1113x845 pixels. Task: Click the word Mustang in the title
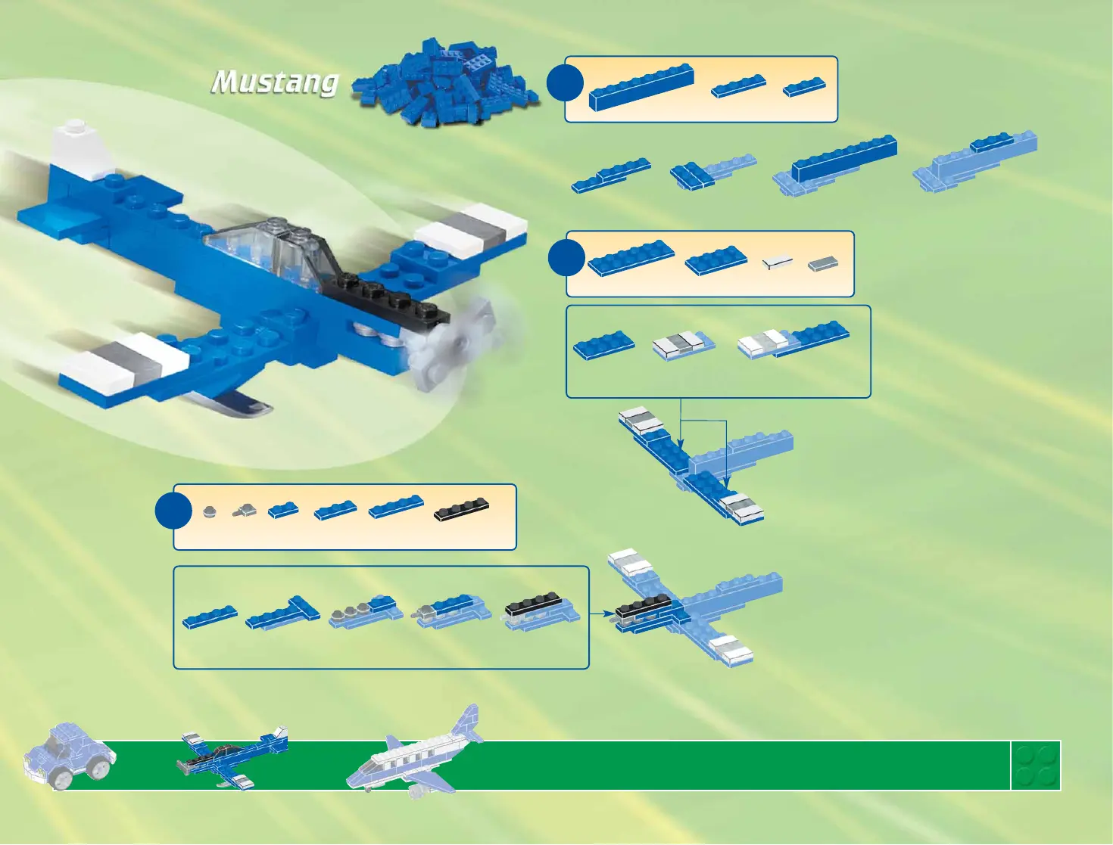pyautogui.click(x=274, y=82)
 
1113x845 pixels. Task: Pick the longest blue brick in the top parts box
pyautogui.click(x=641, y=87)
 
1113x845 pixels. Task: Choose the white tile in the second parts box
pyautogui.click(x=778, y=262)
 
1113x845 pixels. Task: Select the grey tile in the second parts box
pyautogui.click(x=823, y=263)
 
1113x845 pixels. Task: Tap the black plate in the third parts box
pyautogui.click(x=462, y=511)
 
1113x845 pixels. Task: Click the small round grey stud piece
pyautogui.click(x=210, y=511)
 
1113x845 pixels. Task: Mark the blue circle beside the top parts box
pyautogui.click(x=565, y=82)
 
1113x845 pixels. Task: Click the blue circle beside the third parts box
pyautogui.click(x=173, y=511)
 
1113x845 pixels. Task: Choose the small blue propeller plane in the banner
pyautogui.click(x=232, y=757)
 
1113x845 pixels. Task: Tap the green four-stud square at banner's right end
pyautogui.click(x=1036, y=766)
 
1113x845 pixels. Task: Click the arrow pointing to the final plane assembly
pyautogui.click(x=601, y=614)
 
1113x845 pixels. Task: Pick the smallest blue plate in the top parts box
pyautogui.click(x=804, y=87)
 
